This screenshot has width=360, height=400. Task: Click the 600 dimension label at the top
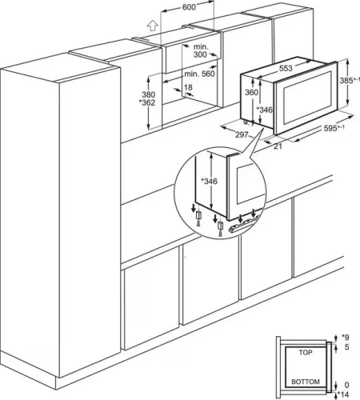pyautogui.click(x=189, y=7)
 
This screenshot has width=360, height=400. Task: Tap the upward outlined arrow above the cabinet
pyautogui.click(x=153, y=26)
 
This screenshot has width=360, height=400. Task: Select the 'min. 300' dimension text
pyautogui.click(x=201, y=50)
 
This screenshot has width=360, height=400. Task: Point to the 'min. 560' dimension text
pyautogui.click(x=200, y=74)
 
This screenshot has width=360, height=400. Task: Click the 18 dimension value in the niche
pyautogui.click(x=188, y=87)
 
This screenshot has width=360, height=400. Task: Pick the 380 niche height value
pyautogui.click(x=148, y=94)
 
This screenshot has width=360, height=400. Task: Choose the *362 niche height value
pyautogui.click(x=147, y=102)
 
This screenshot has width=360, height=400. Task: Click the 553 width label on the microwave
pyautogui.click(x=286, y=69)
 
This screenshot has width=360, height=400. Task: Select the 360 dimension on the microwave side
pyautogui.click(x=251, y=92)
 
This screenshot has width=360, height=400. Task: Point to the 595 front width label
pyautogui.click(x=334, y=128)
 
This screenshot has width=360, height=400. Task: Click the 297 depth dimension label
pyautogui.click(x=242, y=135)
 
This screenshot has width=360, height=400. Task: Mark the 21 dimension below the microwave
pyautogui.click(x=278, y=146)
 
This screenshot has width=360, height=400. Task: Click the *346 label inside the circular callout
pyautogui.click(x=209, y=182)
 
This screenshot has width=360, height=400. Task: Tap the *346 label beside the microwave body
pyautogui.click(x=264, y=110)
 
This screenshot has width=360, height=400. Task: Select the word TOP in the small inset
pyautogui.click(x=306, y=353)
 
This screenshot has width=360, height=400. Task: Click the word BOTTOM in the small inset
pyautogui.click(x=306, y=382)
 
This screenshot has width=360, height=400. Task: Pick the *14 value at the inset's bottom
pyautogui.click(x=343, y=394)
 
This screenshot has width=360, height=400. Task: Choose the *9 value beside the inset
pyautogui.click(x=345, y=338)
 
